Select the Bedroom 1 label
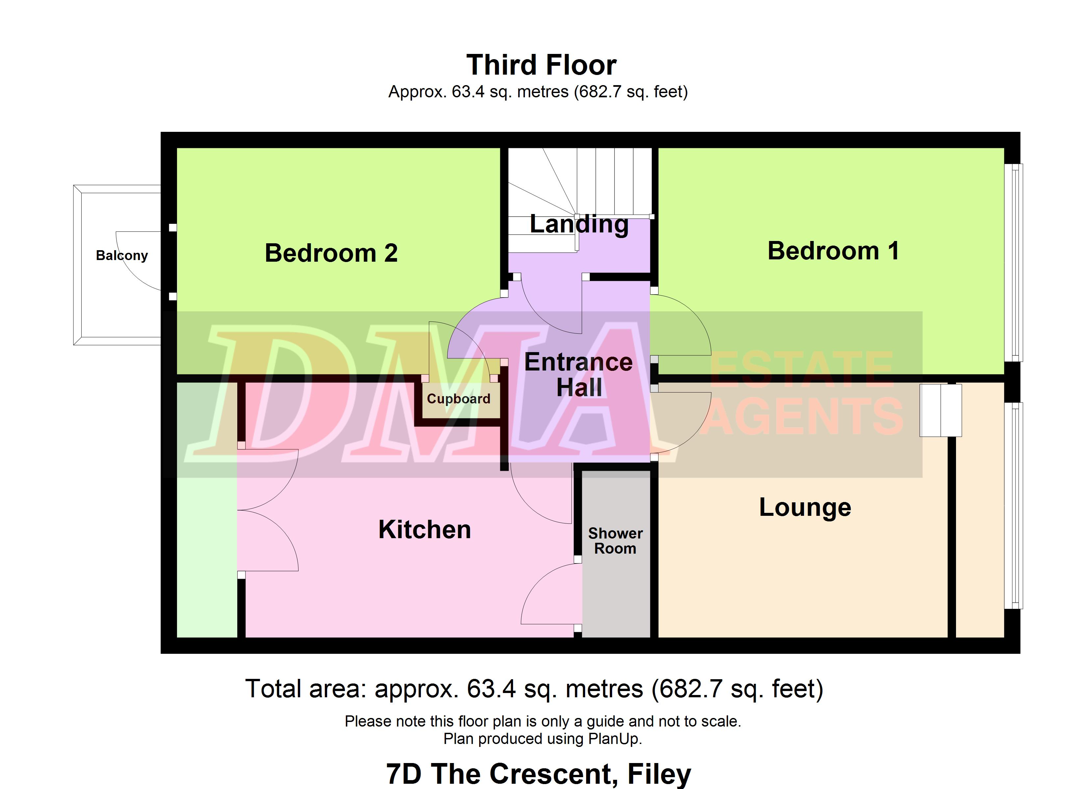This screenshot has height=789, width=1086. [x=833, y=251]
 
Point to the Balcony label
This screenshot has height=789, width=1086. [x=122, y=255]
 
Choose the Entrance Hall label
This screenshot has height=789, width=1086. [x=579, y=374]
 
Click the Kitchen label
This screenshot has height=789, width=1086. [x=425, y=530]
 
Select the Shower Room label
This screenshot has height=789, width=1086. [x=615, y=541]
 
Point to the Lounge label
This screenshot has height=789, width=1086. [x=805, y=508]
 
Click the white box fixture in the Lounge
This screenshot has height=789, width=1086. [x=941, y=410]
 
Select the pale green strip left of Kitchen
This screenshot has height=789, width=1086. [x=207, y=510]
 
